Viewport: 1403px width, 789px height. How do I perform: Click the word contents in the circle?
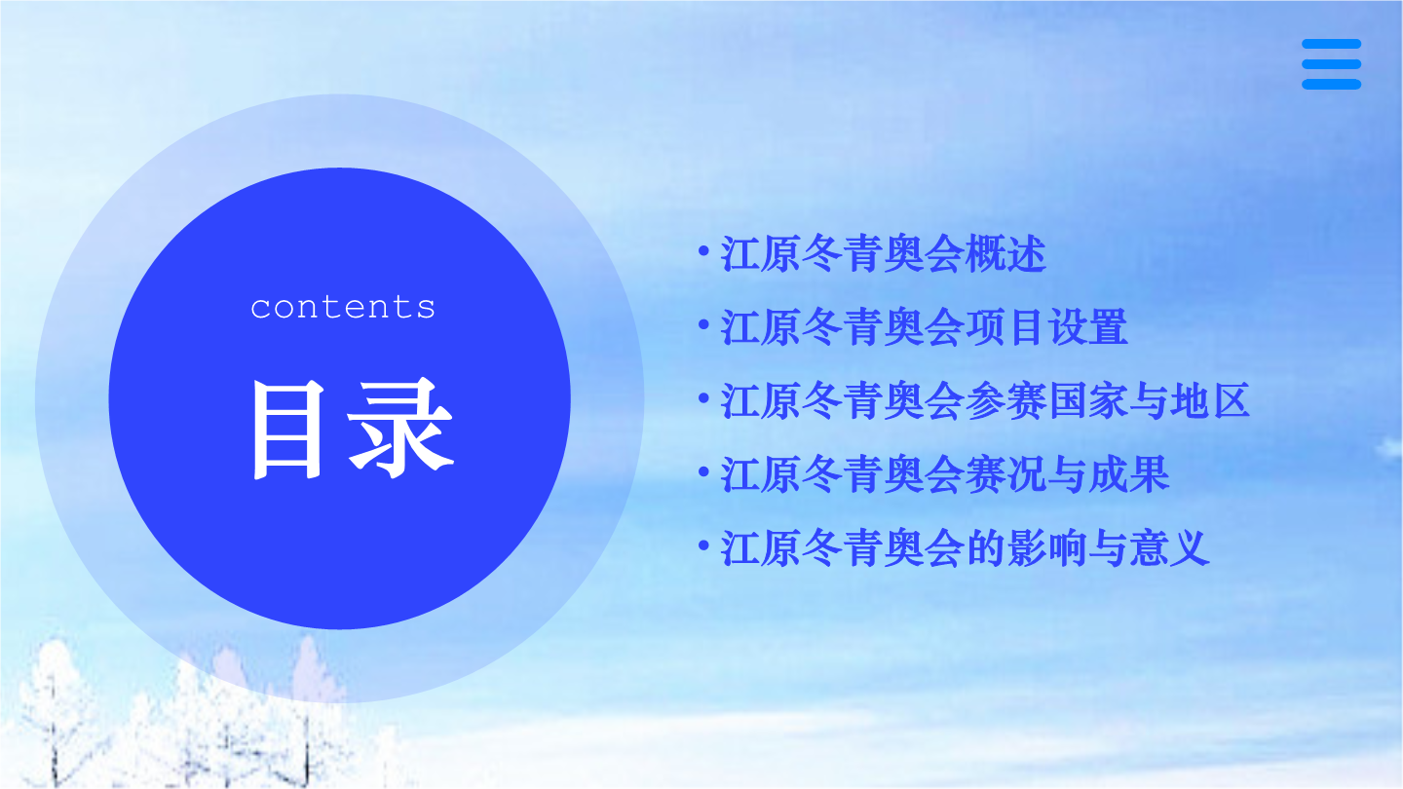[343, 307]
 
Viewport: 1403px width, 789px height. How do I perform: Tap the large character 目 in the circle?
[287, 430]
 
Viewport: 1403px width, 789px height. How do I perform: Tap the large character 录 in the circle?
[400, 429]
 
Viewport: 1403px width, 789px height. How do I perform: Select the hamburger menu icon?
[1331, 64]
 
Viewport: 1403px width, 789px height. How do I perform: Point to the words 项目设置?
[1046, 327]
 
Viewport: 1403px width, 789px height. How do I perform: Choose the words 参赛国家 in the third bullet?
[1046, 400]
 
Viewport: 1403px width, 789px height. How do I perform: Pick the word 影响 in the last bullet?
[1046, 547]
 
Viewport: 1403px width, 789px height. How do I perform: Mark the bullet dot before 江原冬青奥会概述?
[703, 251]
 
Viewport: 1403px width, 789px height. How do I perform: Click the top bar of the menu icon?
[1331, 44]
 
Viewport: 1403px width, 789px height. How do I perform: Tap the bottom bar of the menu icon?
[1331, 85]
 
